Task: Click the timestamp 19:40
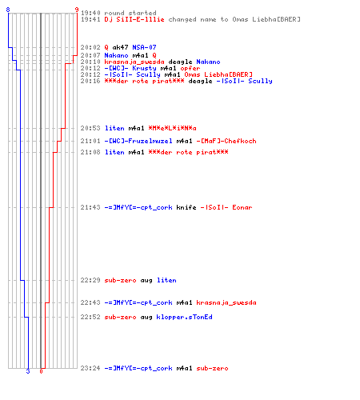(x=90, y=13)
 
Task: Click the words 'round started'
(x=130, y=13)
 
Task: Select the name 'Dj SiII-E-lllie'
(x=134, y=19)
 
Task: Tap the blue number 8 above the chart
(x=8, y=10)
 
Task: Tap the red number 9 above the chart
(x=77, y=10)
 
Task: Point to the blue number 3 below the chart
(x=28, y=371)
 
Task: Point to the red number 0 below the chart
(x=41, y=371)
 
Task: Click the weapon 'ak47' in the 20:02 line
(x=120, y=47)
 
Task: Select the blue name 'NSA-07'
(x=144, y=47)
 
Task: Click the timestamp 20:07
(x=90, y=55)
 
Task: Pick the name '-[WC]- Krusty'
(x=130, y=68)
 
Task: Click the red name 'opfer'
(x=190, y=68)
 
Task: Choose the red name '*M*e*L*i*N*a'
(x=172, y=128)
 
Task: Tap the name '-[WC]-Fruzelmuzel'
(x=138, y=141)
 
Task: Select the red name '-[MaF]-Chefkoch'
(x=226, y=141)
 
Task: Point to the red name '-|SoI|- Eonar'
(x=226, y=207)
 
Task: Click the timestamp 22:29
(x=90, y=280)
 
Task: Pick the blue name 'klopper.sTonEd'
(x=184, y=317)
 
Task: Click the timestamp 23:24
(x=90, y=368)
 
